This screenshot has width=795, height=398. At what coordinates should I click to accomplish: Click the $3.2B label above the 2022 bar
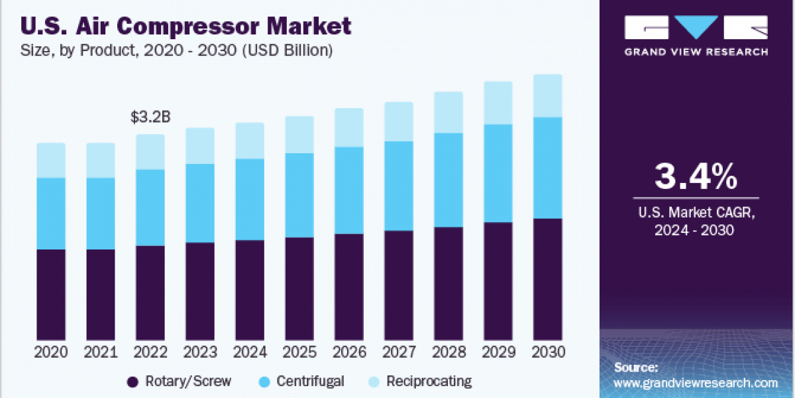[x=150, y=118]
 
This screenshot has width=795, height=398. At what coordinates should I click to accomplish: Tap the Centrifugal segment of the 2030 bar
[x=548, y=168]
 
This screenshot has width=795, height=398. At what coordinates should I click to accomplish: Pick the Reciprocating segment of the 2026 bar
[x=349, y=127]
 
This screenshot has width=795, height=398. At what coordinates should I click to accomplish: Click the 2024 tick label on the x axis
[x=250, y=352]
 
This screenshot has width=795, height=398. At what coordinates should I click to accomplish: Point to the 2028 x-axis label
[x=449, y=352]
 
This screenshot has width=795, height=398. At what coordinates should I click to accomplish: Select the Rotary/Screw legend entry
[x=179, y=381]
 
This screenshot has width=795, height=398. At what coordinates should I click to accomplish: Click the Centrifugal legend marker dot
[x=263, y=381]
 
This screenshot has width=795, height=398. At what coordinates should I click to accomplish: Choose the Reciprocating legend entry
[x=421, y=381]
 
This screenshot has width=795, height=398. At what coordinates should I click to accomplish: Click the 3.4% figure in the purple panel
[x=696, y=177]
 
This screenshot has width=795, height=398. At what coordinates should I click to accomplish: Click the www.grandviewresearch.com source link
[x=696, y=383]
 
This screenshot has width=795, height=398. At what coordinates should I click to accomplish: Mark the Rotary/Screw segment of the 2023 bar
[x=200, y=292]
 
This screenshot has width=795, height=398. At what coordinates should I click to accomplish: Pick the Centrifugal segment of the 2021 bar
[x=101, y=214]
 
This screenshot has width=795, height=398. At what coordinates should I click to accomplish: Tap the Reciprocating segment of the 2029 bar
[x=498, y=103]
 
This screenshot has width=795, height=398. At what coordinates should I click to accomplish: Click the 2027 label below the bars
[x=399, y=352]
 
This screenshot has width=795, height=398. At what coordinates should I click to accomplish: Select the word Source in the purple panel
[x=636, y=367]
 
